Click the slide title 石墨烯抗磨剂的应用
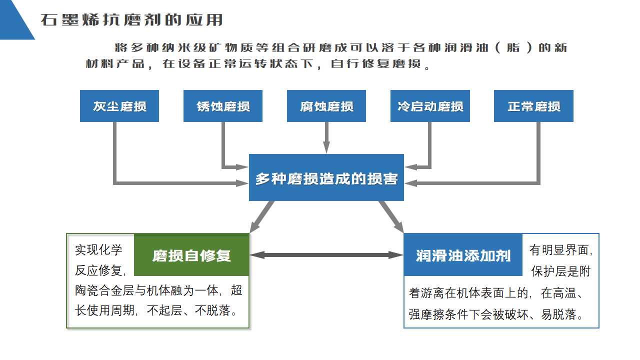[131, 20]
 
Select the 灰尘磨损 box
[119, 106]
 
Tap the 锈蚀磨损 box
[223, 106]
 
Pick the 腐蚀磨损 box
[326, 106]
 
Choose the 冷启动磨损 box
[430, 106]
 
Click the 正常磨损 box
[533, 106]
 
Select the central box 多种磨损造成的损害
[326, 178]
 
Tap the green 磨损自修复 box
[191, 255]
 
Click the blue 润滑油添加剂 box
[463, 255]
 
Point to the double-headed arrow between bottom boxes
[326, 255]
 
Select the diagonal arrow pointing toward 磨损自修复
[262, 216]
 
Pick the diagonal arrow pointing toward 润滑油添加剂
[391, 216]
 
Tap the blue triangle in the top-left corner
[12, 17]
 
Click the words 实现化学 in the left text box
[98, 249]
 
